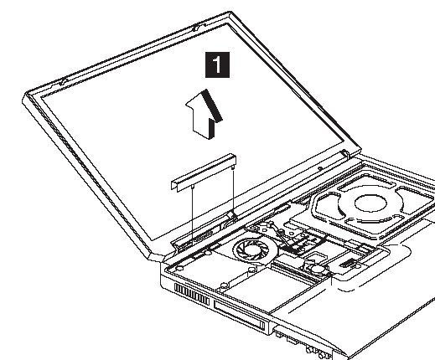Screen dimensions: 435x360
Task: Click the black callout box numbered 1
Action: pyautogui.click(x=217, y=64)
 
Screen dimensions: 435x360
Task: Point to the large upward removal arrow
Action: pyautogui.click(x=204, y=115)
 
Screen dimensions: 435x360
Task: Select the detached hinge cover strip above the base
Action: pyautogui.click(x=204, y=172)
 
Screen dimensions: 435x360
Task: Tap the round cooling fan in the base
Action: pyautogui.click(x=256, y=249)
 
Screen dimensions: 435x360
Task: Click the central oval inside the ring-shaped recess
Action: pyautogui.click(x=370, y=203)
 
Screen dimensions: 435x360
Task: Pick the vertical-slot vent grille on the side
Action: pyautogui.click(x=192, y=294)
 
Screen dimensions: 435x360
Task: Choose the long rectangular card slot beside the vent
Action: pyautogui.click(x=240, y=315)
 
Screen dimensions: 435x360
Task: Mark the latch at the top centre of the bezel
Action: pyautogui.click(x=196, y=28)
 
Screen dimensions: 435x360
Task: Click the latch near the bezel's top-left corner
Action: pyautogui.click(x=64, y=81)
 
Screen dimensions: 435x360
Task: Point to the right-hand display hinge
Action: pyautogui.click(x=345, y=153)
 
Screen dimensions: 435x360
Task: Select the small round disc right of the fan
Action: pyautogui.click(x=318, y=269)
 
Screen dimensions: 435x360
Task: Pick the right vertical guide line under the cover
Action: pyautogui.click(x=233, y=191)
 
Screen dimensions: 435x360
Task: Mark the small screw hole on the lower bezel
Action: pyautogui.click(x=320, y=168)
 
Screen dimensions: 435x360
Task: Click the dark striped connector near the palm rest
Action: pyautogui.click(x=345, y=263)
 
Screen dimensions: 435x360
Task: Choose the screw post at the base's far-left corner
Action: pyautogui.click(x=179, y=268)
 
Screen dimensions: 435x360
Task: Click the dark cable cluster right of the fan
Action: pyautogui.click(x=293, y=245)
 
